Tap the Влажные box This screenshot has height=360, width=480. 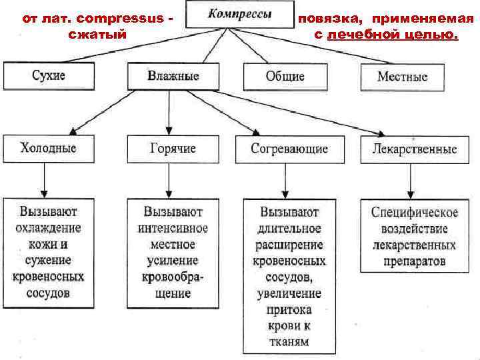point(173,76)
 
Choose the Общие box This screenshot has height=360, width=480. point(285,76)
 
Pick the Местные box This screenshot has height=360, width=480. point(402,76)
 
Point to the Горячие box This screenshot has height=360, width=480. point(173,148)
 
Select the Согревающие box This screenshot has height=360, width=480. point(289,148)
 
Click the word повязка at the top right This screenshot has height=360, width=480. point(331,19)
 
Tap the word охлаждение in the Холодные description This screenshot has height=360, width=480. point(49,228)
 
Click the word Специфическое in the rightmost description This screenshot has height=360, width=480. point(415,213)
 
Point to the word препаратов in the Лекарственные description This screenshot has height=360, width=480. point(415,261)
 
